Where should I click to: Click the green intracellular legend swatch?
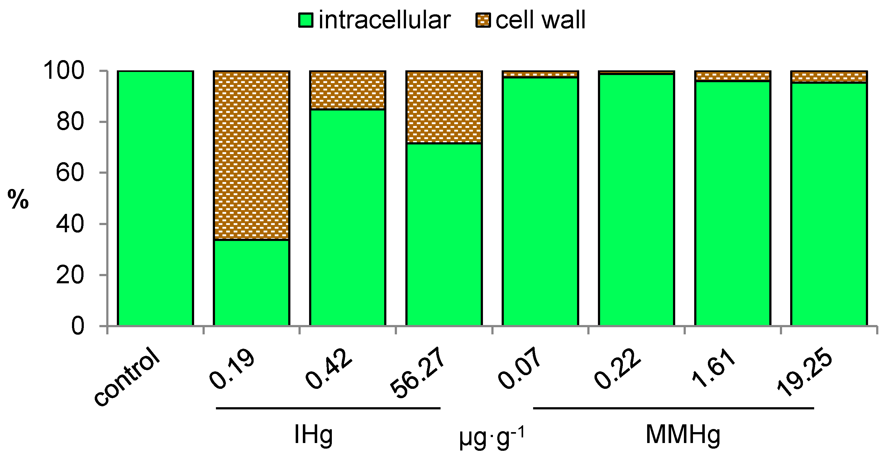(305, 20)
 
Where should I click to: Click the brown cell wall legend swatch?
(483, 20)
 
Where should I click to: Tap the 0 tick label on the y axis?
(78, 326)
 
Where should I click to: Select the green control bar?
(155, 198)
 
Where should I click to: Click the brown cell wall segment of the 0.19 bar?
(251, 155)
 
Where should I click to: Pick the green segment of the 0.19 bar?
(251, 282)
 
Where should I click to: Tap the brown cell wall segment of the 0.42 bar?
(347, 90)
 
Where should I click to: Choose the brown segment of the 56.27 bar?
(444, 107)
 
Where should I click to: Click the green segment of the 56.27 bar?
(444, 234)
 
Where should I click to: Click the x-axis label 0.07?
(519, 369)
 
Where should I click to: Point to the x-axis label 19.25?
(804, 374)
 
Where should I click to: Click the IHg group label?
(313, 435)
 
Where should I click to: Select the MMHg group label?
(683, 435)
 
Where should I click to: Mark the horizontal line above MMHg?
(673, 408)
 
